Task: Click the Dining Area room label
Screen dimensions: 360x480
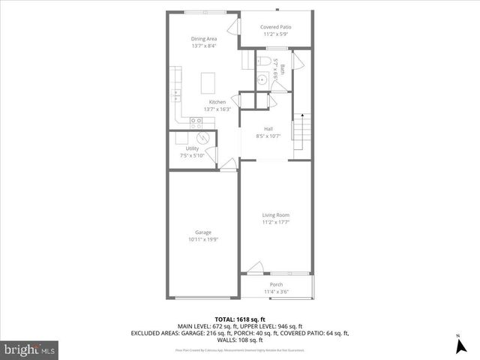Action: pos(203,38)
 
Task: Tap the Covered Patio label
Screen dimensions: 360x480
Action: pos(276,27)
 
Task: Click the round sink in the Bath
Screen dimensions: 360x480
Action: pos(263,78)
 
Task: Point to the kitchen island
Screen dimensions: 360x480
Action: pos(206,79)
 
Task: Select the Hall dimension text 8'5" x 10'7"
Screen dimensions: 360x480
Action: pos(268,136)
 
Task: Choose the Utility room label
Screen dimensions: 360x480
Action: pos(192,148)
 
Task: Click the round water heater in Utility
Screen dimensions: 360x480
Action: pos(202,138)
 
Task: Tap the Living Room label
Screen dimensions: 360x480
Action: pos(276,215)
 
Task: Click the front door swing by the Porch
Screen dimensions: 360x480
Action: pos(256,267)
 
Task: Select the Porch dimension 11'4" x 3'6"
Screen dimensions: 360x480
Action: pos(276,292)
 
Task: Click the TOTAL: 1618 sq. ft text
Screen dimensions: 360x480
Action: pos(239,319)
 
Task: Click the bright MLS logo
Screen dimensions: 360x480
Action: pos(30,349)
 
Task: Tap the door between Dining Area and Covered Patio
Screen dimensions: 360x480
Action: pos(239,34)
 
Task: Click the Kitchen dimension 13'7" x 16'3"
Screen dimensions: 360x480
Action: pos(217,109)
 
